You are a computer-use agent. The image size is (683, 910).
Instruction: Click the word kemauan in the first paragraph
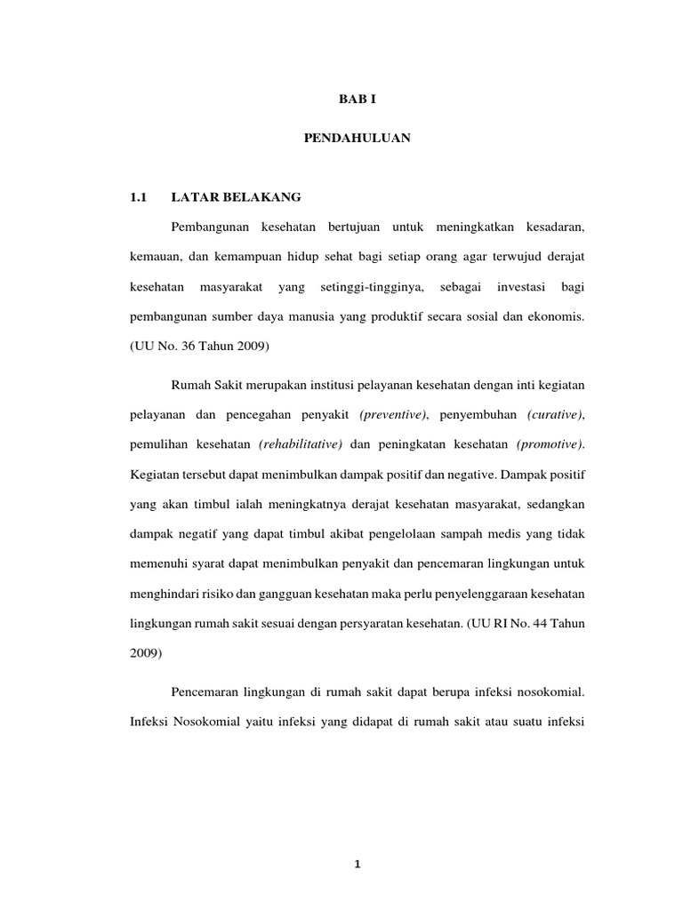[147, 257]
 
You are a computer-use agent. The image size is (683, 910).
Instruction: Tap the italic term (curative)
[556, 415]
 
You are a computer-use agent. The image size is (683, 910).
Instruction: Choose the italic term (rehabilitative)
[300, 444]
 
